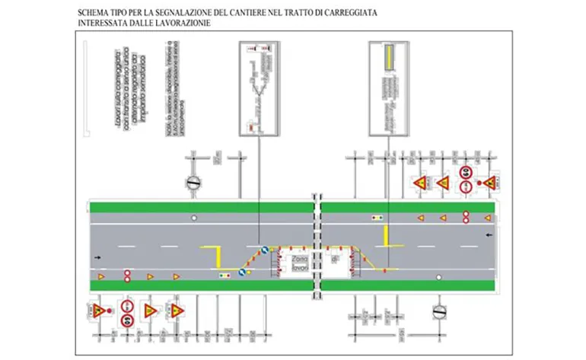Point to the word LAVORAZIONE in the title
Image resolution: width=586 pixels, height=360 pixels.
[x=179, y=24]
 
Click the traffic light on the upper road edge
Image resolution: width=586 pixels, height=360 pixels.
[x=377, y=218]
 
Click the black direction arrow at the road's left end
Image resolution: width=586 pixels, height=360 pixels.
[x=97, y=258]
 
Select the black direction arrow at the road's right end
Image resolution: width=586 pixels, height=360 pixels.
[x=488, y=235]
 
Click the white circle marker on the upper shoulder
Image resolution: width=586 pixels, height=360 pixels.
[x=195, y=218]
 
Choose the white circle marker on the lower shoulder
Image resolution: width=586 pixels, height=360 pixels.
[x=438, y=278]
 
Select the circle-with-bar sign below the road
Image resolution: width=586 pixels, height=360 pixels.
[x=438, y=311]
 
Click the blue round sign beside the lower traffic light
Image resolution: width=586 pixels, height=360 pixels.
[x=242, y=272]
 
